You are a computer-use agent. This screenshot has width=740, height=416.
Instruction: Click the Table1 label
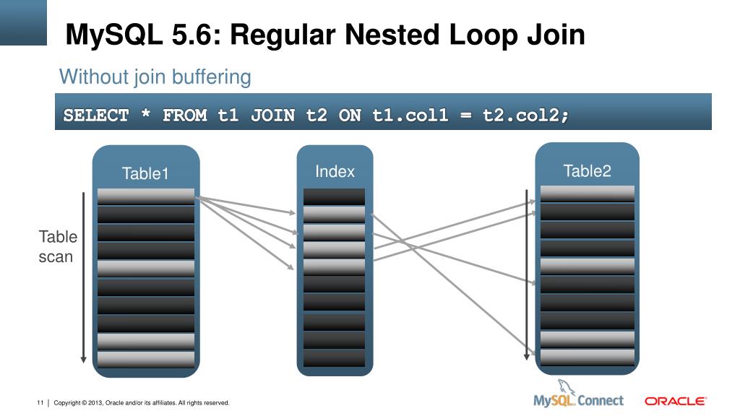click(x=145, y=173)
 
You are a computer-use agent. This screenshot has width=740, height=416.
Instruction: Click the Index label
click(x=335, y=171)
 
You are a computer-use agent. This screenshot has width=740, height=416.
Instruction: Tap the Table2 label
click(x=587, y=170)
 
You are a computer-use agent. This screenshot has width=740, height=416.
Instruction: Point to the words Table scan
click(x=57, y=246)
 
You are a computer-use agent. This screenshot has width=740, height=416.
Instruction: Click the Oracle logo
click(x=675, y=401)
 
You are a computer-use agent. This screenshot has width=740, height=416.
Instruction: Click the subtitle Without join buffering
click(x=155, y=77)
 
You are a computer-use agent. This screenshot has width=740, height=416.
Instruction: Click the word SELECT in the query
click(x=96, y=115)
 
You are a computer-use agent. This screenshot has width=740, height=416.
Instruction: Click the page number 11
click(x=40, y=402)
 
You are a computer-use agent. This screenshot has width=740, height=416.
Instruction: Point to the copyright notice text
click(x=142, y=402)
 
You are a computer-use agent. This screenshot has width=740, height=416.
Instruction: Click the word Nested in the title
click(x=395, y=35)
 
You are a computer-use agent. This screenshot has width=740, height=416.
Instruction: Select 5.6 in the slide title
click(x=191, y=35)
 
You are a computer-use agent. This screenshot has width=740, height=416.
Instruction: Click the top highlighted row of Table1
click(x=146, y=196)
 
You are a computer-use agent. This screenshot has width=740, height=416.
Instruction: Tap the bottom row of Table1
click(x=146, y=359)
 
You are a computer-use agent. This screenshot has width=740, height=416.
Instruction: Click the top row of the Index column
click(x=334, y=196)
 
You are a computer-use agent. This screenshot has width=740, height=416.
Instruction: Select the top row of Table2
click(x=587, y=193)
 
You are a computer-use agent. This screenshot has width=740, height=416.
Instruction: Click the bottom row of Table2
click(x=587, y=357)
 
